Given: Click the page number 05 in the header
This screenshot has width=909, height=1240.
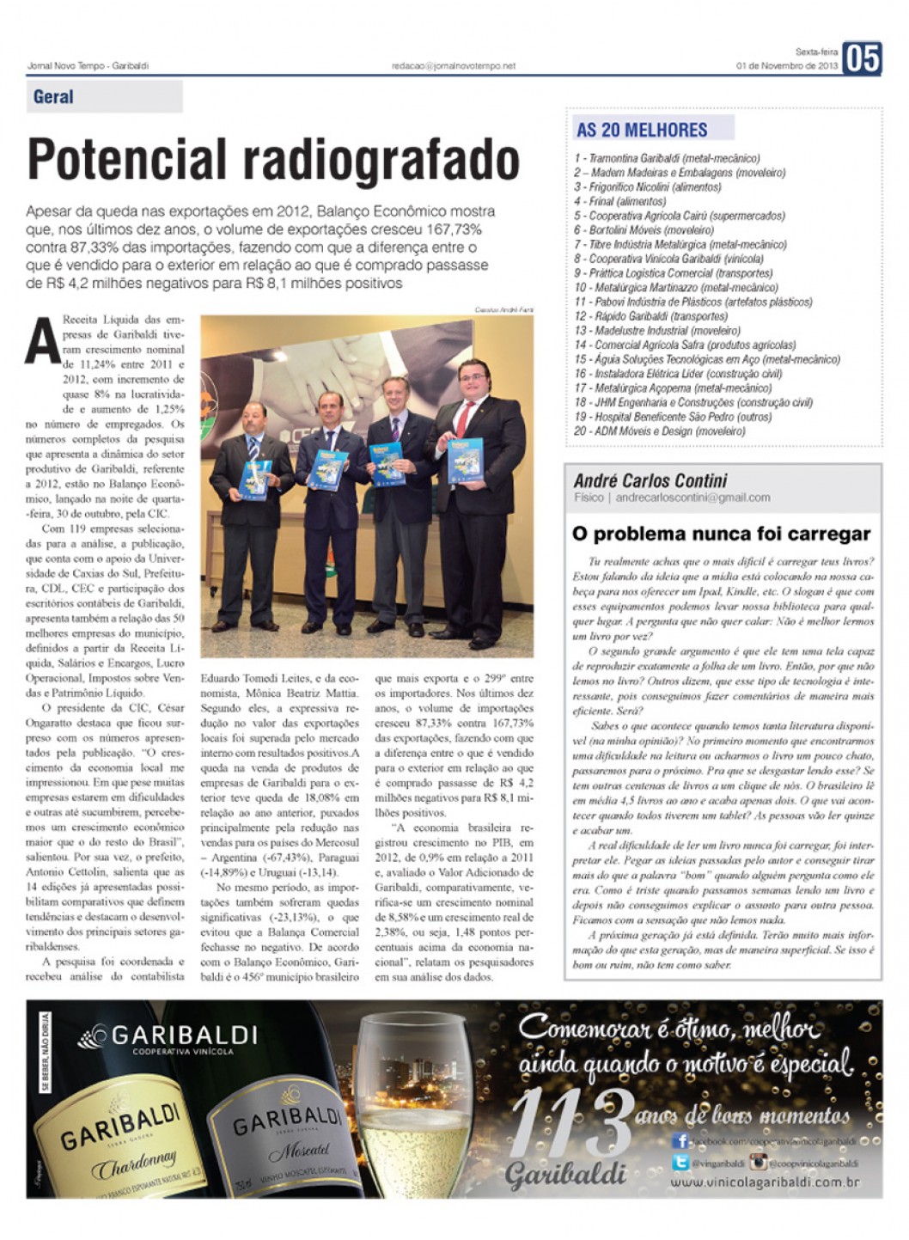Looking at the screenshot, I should click(862, 58).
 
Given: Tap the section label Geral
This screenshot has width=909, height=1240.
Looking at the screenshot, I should click(53, 97).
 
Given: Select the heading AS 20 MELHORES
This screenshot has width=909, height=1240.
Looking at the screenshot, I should click(642, 130).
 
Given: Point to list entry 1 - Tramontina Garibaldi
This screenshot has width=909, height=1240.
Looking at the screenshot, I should click(668, 158).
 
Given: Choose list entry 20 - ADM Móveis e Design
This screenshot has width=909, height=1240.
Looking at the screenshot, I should click(660, 431).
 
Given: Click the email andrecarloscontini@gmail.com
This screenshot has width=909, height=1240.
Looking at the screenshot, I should click(692, 498).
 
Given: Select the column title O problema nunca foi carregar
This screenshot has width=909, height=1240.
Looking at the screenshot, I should click(721, 534).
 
